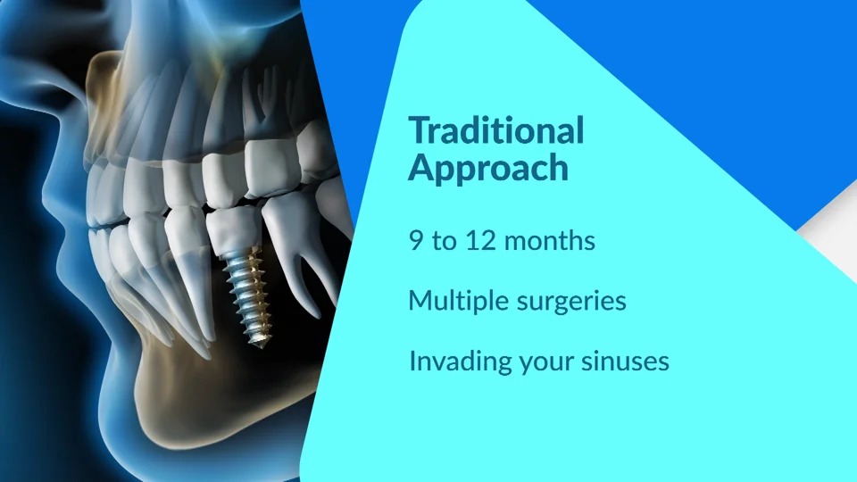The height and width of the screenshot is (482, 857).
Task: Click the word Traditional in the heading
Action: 496,130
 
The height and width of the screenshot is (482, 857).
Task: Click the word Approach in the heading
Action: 488,167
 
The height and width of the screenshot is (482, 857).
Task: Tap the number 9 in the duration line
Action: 416,240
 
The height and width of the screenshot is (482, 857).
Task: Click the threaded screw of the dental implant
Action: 250,295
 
